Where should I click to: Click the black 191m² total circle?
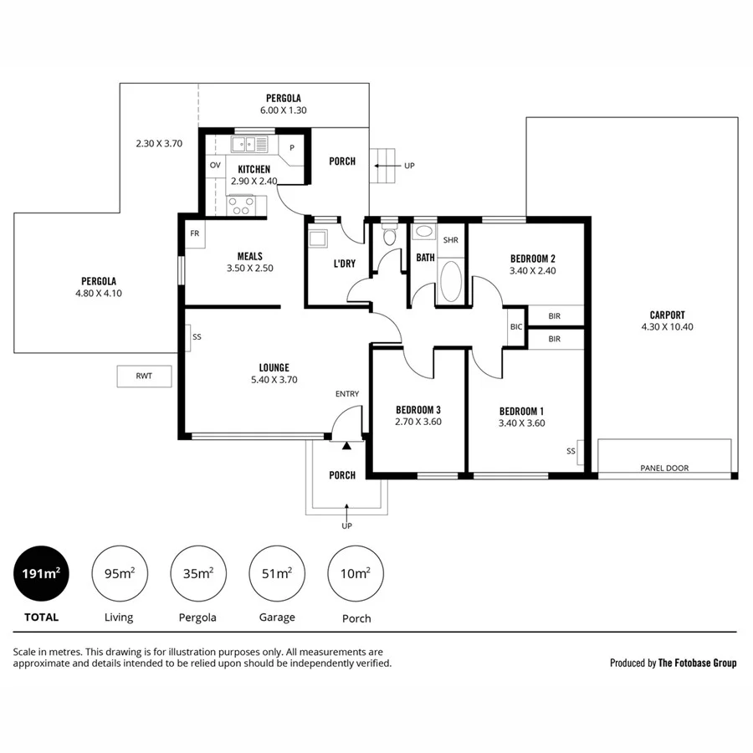(x=41, y=573)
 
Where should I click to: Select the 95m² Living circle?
(x=119, y=573)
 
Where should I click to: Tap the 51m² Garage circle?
(x=277, y=573)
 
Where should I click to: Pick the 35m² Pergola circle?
(x=198, y=573)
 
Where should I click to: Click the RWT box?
(x=144, y=376)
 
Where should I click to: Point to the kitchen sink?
(x=248, y=146)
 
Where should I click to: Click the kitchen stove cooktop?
(x=242, y=205)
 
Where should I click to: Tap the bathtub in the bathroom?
(x=449, y=281)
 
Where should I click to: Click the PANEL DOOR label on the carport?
(x=664, y=468)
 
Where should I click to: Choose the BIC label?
(x=516, y=326)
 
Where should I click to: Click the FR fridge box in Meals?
(x=194, y=233)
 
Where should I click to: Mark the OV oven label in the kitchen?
(x=215, y=165)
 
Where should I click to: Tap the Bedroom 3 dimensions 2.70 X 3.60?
(x=418, y=422)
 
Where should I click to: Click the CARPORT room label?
(x=667, y=315)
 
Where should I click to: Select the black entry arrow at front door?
(x=346, y=428)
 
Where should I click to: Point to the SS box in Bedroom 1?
(x=571, y=451)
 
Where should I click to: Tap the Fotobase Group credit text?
(x=674, y=663)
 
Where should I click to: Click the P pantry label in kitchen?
(x=292, y=147)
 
